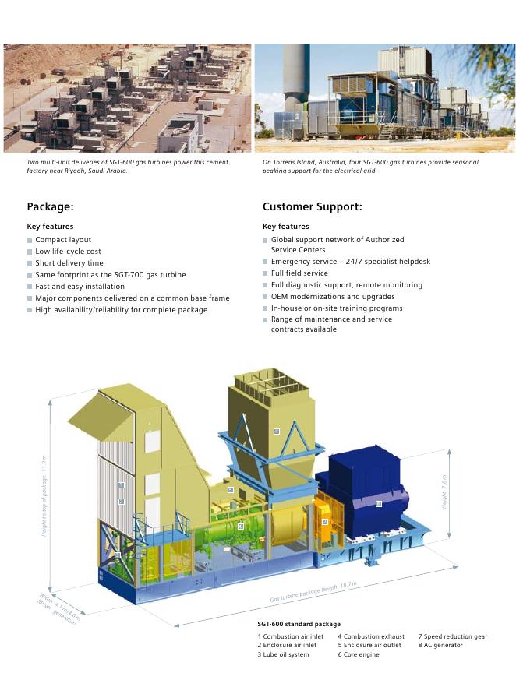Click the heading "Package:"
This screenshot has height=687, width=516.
pos(50,206)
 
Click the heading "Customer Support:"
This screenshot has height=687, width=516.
pos(312,206)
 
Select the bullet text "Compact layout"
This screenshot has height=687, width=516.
pos(63,240)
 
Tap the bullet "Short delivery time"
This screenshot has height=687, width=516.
pos(69,263)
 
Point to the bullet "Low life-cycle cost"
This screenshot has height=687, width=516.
pos(68,252)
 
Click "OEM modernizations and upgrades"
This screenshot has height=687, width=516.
pos(333,297)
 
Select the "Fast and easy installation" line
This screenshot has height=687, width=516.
pos(80,287)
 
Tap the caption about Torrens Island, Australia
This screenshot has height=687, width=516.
pos(370,166)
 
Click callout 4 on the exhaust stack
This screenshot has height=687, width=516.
pos(276,431)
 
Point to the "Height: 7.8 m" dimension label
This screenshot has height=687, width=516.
pos(445,492)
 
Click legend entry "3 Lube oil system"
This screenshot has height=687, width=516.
pos(283,654)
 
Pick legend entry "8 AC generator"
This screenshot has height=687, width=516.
pos(440,645)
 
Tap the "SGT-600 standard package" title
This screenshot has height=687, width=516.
pos(299,624)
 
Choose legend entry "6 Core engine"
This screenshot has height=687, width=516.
pos(358,654)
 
